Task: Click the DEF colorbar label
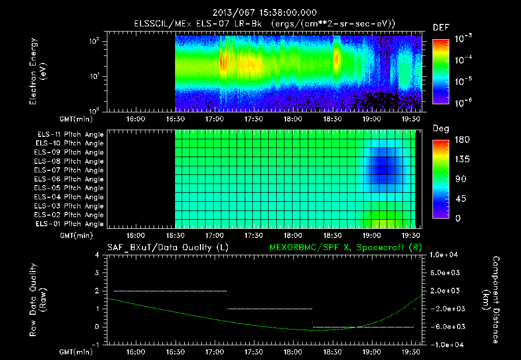click(x=441, y=28)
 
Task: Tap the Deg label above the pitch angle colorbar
click(x=441, y=129)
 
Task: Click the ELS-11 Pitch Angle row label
click(x=70, y=135)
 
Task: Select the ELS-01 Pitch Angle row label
click(x=70, y=224)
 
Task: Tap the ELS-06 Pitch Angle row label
click(x=70, y=179)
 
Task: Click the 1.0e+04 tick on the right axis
click(x=445, y=255)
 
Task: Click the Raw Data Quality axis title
click(x=38, y=299)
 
